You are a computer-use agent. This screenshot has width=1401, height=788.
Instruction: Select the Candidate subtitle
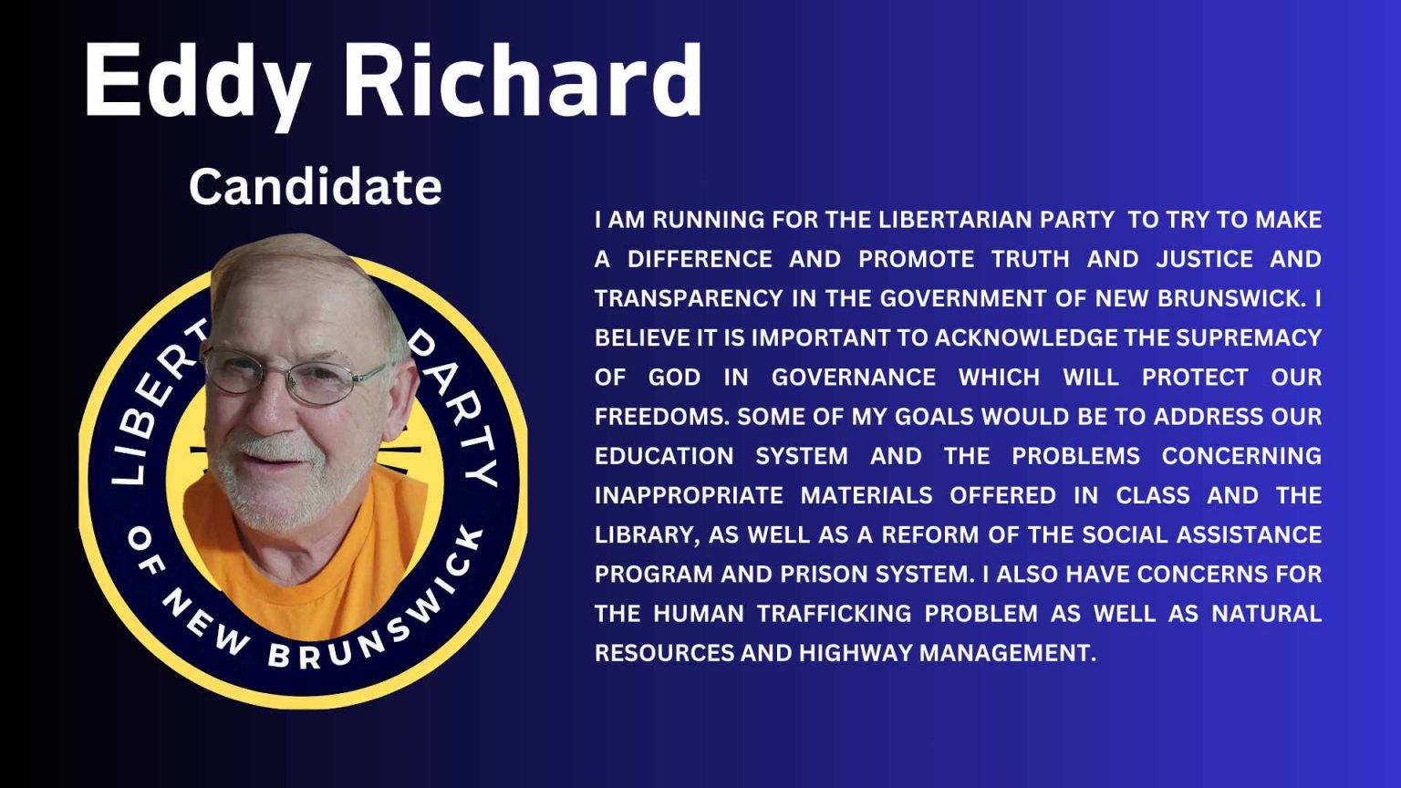tap(315, 187)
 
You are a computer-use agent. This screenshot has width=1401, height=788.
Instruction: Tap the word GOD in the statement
tap(674, 378)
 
